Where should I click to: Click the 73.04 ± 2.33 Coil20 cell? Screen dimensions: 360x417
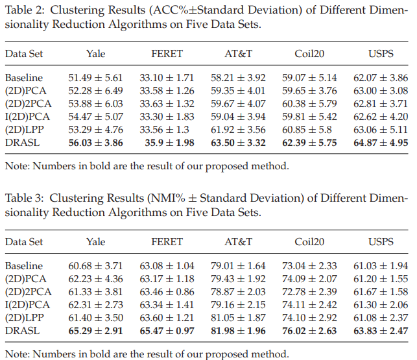coord(309,266)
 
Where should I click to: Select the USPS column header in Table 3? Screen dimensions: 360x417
coord(380,242)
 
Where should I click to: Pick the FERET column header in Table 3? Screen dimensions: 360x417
coord(167,242)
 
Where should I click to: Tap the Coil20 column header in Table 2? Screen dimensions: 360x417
coord(309,54)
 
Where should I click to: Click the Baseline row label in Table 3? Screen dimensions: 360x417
coord(24,266)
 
